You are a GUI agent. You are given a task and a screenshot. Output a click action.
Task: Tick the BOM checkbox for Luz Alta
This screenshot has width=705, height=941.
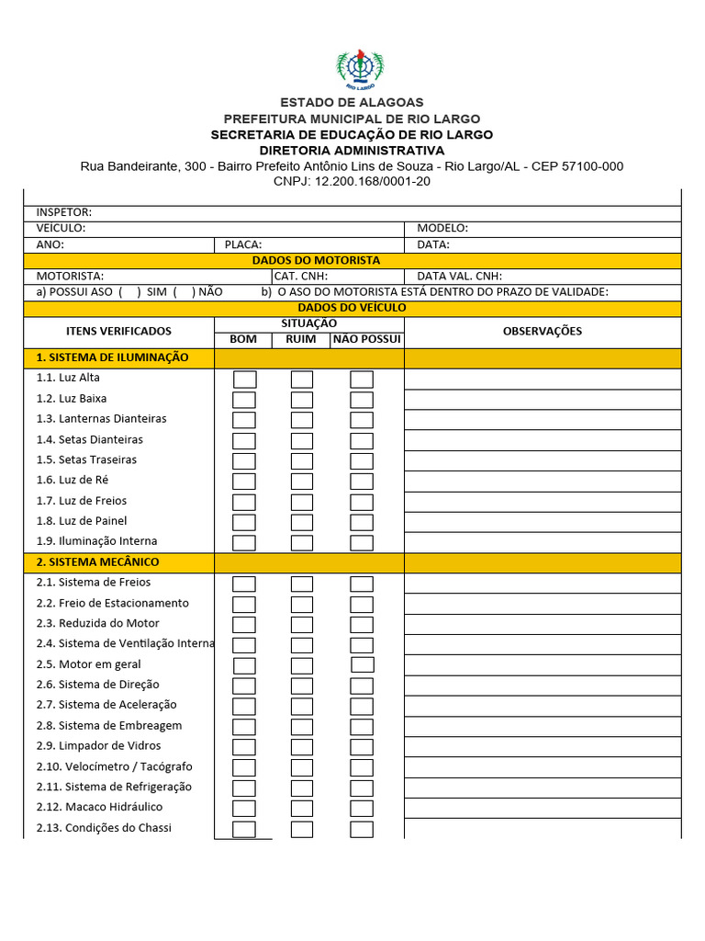[x=244, y=379]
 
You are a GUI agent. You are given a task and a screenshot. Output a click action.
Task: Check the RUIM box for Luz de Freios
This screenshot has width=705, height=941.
[x=302, y=502]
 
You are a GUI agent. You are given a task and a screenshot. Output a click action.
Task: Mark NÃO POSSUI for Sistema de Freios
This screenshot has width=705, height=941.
[x=362, y=584]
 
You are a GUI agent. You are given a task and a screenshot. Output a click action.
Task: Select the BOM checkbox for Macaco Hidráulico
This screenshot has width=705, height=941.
[x=244, y=809]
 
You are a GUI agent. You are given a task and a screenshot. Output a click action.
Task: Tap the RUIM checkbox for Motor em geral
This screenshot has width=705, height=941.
[x=302, y=665]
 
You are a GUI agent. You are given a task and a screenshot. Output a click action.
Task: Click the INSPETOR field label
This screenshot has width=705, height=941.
[x=64, y=212]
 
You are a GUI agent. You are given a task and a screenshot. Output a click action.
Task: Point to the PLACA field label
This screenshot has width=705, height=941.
[x=243, y=244]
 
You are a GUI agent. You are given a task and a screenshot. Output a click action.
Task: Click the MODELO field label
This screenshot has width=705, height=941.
[x=442, y=228]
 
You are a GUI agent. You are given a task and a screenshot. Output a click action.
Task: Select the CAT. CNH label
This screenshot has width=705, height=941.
[x=301, y=276]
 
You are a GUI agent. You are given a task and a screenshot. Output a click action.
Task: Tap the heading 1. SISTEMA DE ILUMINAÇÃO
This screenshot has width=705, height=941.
[x=112, y=357]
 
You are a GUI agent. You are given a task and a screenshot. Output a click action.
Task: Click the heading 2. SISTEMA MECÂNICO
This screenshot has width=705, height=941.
[x=97, y=561]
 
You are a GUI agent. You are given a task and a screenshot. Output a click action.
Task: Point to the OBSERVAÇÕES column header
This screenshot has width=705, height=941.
[x=542, y=331]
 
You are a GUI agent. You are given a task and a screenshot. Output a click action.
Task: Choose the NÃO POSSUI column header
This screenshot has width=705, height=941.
[x=367, y=339]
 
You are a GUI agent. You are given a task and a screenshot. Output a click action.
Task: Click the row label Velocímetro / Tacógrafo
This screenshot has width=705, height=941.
[x=115, y=766]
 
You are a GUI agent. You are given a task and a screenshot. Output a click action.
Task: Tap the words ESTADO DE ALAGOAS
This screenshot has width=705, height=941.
[x=352, y=102]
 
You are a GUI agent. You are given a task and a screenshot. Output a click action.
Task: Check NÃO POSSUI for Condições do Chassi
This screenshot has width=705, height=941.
[x=362, y=829]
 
